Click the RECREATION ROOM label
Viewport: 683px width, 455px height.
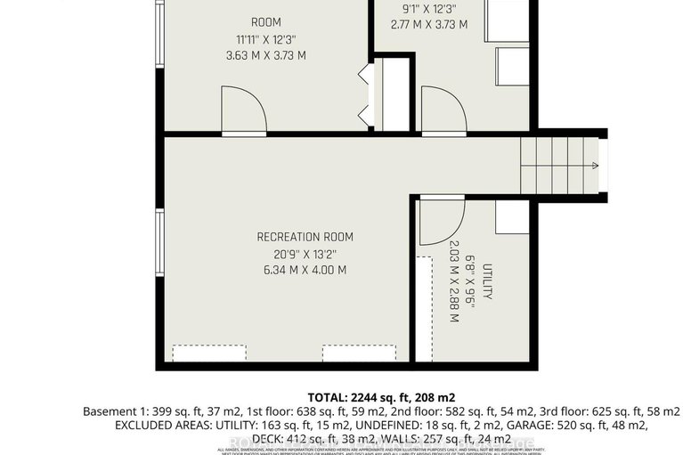click(x=305, y=237)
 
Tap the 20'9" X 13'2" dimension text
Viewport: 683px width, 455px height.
click(x=305, y=254)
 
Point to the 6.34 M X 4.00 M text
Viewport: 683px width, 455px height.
click(x=305, y=270)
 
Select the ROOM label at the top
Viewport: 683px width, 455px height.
click(x=266, y=22)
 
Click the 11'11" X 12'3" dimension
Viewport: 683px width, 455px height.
click(x=266, y=39)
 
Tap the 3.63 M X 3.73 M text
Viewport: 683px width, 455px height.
click(x=266, y=55)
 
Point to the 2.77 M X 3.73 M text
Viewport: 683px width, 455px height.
click(x=428, y=25)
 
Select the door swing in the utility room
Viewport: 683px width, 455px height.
click(x=440, y=221)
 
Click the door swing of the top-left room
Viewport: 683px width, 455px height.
click(x=242, y=110)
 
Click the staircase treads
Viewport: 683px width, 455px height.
click(x=557, y=165)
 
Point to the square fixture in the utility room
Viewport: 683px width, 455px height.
click(x=512, y=216)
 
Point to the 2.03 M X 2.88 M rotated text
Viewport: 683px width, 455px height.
click(x=453, y=282)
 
